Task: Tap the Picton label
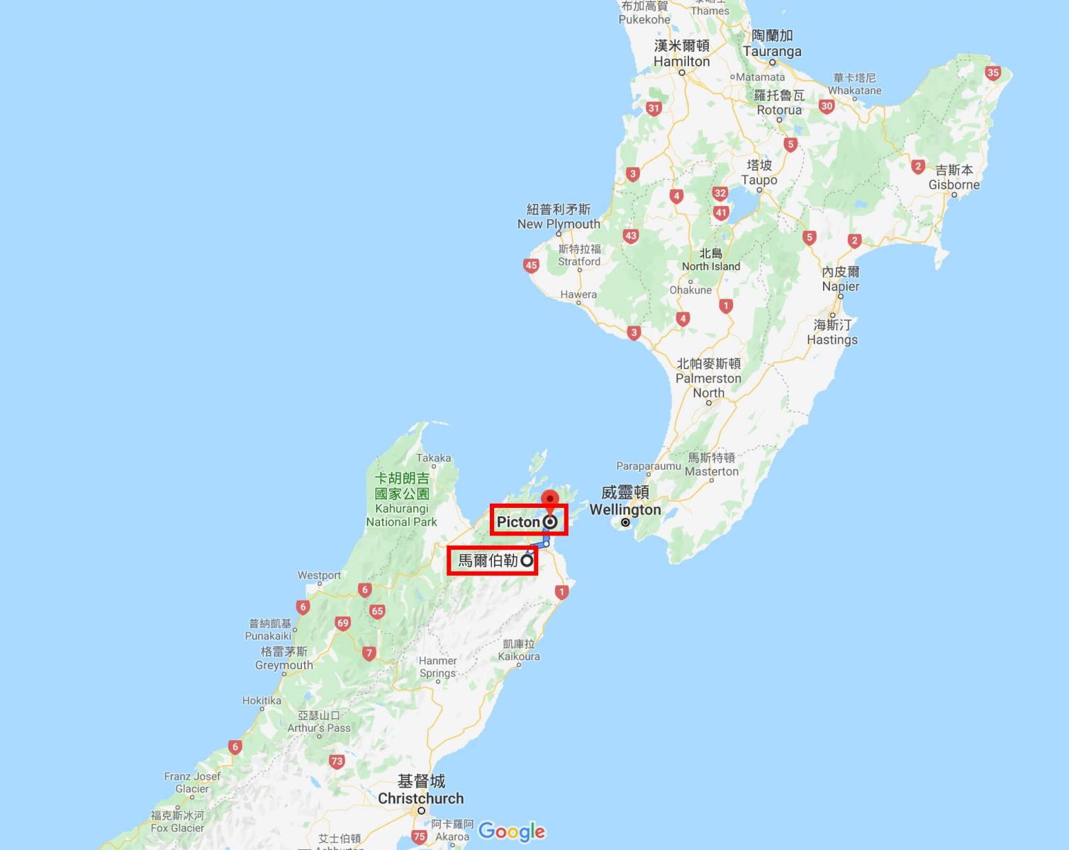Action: pyautogui.click(x=518, y=522)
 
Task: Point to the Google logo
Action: pyautogui.click(x=512, y=831)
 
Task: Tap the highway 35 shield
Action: pyautogui.click(x=992, y=73)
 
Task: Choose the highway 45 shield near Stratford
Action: pyautogui.click(x=531, y=266)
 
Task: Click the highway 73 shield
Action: pyautogui.click(x=337, y=762)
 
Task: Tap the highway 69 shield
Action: pyautogui.click(x=343, y=623)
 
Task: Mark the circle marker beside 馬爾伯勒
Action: pyautogui.click(x=527, y=561)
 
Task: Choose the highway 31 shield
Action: pyautogui.click(x=654, y=108)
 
